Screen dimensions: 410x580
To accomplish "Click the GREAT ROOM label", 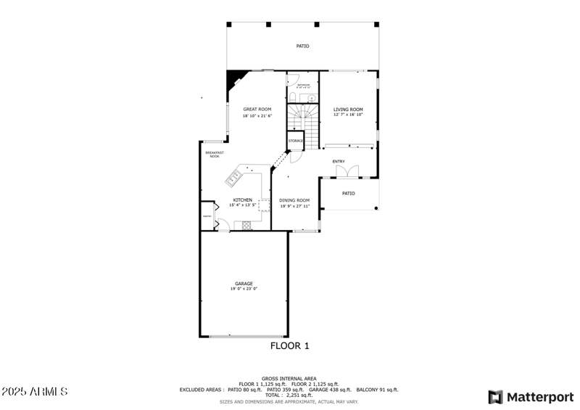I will (x=257, y=110).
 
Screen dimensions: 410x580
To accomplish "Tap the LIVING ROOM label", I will (x=348, y=110).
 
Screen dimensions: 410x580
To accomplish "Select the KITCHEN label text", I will (x=242, y=200).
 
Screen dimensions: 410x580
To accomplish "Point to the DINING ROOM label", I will (x=295, y=200).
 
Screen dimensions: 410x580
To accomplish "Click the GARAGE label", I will (x=244, y=283).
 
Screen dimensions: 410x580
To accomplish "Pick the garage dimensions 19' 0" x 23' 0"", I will (x=244, y=289).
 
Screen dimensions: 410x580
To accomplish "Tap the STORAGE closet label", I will (x=295, y=140).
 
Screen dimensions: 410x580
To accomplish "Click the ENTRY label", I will (x=339, y=161).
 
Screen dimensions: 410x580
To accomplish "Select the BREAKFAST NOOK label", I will (x=214, y=154).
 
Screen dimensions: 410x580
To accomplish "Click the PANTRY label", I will (x=207, y=216).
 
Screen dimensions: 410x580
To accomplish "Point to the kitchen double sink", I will (x=236, y=175).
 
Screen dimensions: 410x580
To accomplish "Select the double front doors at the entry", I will (x=347, y=171).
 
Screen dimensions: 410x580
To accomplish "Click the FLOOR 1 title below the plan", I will (x=290, y=346).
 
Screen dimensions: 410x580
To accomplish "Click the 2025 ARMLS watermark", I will (x=35, y=392).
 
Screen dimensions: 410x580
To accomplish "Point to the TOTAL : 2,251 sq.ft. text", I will (x=290, y=395).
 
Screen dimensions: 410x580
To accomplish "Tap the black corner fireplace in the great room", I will (x=234, y=78).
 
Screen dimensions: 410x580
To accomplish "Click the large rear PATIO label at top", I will (x=302, y=46).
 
